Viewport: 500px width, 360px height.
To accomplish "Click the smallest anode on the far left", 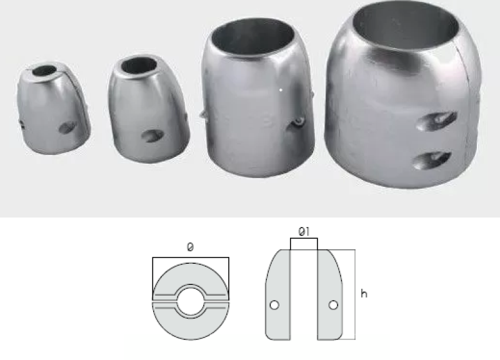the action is click(x=52, y=108).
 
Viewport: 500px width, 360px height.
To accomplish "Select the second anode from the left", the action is click(x=148, y=108).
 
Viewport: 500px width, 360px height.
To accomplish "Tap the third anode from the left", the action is click(x=257, y=97).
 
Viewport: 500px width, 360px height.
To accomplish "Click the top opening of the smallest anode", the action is click(x=44, y=70).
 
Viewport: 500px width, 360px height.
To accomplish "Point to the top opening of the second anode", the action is click(x=139, y=66).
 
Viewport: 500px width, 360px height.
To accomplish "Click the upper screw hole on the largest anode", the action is click(x=436, y=121).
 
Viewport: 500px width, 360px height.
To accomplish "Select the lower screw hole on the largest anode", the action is click(x=432, y=161).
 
